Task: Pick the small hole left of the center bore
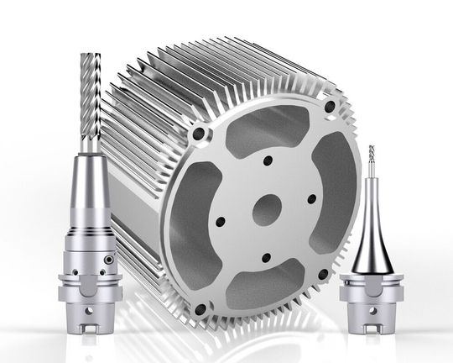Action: (x=219, y=222)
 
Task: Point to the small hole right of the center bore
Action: (x=311, y=199)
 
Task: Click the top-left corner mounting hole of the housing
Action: (x=199, y=133)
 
